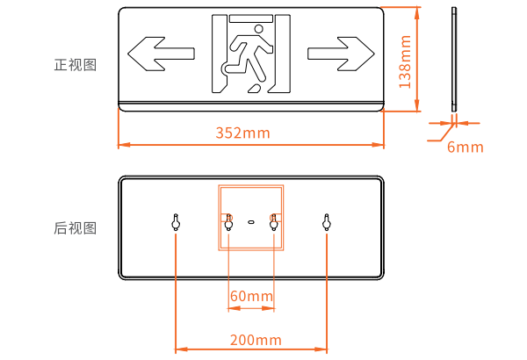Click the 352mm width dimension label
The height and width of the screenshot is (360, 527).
tap(242, 133)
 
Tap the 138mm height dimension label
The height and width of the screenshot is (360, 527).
tap(405, 61)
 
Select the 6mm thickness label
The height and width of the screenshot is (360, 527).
tap(466, 147)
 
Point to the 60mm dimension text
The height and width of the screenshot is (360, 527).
tap(251, 296)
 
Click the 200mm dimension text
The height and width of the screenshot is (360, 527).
tap(256, 340)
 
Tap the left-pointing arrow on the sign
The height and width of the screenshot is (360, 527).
tap(161, 54)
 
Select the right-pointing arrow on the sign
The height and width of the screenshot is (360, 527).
tap(341, 54)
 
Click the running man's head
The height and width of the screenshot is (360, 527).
tap(258, 29)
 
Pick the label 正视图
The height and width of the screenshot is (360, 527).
tap(76, 65)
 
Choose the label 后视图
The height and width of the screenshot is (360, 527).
tap(76, 228)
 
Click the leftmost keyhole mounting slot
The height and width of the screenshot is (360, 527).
tap(176, 222)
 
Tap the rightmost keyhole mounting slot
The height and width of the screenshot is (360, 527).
tap(327, 222)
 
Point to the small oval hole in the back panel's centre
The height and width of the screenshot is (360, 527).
tap(251, 222)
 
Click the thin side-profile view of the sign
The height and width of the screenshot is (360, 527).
tap(454, 59)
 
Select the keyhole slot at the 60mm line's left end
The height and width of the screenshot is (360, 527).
tap(228, 222)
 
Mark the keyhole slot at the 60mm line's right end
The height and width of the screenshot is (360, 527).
tap(274, 222)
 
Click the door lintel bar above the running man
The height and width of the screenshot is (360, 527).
tap(250, 18)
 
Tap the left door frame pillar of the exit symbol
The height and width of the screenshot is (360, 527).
tap(219, 54)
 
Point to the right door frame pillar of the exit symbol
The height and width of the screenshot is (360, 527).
tap(282, 54)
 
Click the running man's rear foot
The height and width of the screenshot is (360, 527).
tap(255, 89)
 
